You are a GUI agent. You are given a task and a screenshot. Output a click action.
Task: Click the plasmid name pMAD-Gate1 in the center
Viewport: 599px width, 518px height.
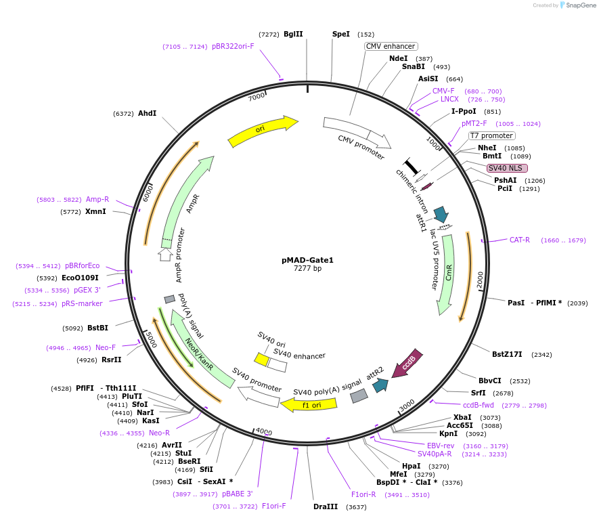[x=307, y=260]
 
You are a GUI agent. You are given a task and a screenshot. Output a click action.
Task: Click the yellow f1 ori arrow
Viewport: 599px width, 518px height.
[x=309, y=404]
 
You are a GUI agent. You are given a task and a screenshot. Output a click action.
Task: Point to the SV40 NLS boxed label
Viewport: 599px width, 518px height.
[x=507, y=168]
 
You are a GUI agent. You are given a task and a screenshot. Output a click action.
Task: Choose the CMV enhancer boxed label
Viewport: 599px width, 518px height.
[x=391, y=46]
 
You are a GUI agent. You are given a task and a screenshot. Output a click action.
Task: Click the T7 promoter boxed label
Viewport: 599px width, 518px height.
[x=491, y=135]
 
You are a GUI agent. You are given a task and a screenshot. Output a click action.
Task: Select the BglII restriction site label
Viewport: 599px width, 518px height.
[x=293, y=34]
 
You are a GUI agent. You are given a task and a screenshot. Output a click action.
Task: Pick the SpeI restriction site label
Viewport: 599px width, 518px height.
[x=341, y=34]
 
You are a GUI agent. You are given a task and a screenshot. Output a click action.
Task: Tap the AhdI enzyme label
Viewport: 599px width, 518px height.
[x=147, y=113]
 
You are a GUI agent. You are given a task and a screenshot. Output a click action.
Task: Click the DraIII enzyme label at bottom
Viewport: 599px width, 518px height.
[x=326, y=506]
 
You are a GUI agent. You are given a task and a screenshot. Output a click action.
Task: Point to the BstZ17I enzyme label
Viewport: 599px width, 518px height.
[x=507, y=354]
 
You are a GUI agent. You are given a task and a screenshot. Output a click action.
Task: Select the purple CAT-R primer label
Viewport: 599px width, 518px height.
[x=520, y=240]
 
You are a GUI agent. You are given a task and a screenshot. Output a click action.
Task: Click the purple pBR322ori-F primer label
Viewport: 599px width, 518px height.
[x=233, y=47]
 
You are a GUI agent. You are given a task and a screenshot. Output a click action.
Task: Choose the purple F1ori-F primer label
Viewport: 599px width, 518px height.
[x=274, y=506]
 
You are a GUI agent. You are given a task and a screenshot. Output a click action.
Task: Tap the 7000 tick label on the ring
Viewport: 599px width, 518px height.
[x=257, y=97]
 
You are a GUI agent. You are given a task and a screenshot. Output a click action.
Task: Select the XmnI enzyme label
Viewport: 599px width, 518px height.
[x=95, y=211]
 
